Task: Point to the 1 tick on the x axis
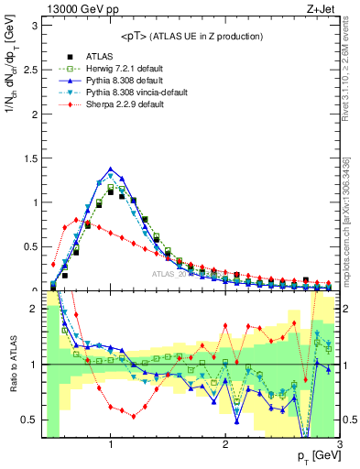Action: coord(111,445)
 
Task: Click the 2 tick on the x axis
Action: coord(225,445)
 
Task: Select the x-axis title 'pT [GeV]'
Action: coord(317,456)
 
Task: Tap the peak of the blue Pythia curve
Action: coord(111,169)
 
